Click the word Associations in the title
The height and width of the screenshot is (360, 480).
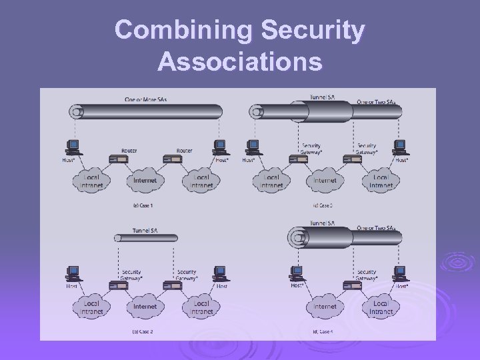[240, 62]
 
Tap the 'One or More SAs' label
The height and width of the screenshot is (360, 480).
[145, 99]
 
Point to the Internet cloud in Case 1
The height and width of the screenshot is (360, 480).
[145, 181]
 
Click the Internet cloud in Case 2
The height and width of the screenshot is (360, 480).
[145, 307]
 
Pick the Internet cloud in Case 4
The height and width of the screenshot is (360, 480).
[325, 307]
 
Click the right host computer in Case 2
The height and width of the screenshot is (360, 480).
[219, 273]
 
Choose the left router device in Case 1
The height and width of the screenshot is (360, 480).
[119, 159]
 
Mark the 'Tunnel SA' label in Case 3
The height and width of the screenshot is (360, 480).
[323, 97]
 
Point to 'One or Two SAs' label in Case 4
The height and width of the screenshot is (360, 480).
[379, 228]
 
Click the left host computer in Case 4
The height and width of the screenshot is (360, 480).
[297, 273]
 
